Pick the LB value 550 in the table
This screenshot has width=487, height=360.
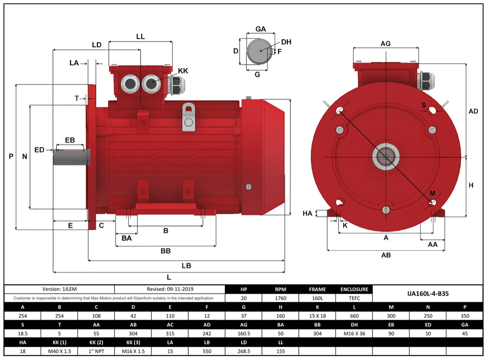pyautogui.click(x=207, y=351)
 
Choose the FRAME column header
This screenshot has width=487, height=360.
pyautogui.click(x=317, y=289)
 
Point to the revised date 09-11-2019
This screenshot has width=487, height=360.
pyautogui.click(x=170, y=289)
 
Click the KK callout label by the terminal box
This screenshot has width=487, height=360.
pyautogui.click(x=183, y=71)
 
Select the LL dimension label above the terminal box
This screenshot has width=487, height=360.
pyautogui.click(x=140, y=37)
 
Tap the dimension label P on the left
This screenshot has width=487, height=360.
pyautogui.click(x=11, y=156)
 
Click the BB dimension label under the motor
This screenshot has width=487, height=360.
pyautogui.click(x=165, y=251)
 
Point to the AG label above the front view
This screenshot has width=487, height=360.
pyautogui.click(x=386, y=43)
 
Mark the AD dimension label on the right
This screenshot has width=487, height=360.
pyautogui.click(x=473, y=111)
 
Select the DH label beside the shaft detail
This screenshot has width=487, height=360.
pyautogui.click(x=286, y=42)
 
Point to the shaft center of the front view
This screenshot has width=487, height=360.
pyautogui.click(x=386, y=156)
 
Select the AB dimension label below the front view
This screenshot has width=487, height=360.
pyautogui.click(x=386, y=255)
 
